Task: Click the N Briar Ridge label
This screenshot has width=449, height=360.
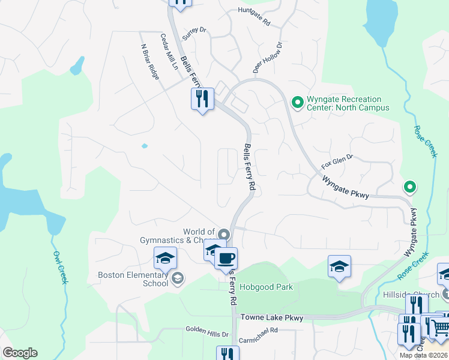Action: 149,61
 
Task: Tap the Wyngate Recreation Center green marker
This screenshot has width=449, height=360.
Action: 297,103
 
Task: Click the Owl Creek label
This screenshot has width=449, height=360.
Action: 58,266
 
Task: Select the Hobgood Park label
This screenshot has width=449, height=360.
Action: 266,287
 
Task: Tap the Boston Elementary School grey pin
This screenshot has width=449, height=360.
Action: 178,278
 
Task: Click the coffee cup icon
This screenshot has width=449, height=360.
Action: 226,259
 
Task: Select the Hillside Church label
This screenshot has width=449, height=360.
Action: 411,295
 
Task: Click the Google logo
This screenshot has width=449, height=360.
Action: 20,353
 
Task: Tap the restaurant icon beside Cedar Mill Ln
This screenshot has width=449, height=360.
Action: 202,98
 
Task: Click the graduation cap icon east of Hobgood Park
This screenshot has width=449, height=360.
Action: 339,266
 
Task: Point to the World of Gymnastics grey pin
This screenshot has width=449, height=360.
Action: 224,234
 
